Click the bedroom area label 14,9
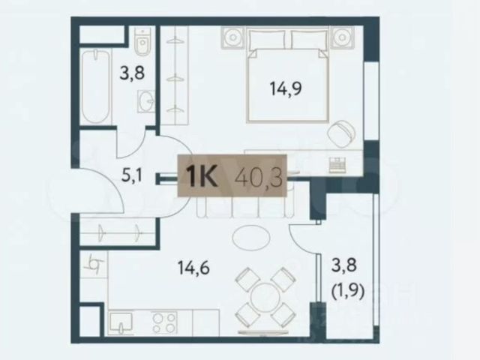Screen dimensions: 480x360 tap(285, 88)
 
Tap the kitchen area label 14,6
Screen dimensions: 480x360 tap(193, 268)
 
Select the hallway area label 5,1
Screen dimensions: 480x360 tap(132, 176)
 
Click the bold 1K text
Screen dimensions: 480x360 tap(202, 177)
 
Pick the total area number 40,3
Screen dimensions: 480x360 tap(259, 177)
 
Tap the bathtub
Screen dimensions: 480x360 tap(96, 86)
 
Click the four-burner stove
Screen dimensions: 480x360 tap(165, 322)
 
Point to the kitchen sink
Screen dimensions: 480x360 tap(121, 322)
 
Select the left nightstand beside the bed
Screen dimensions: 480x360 tap(233, 37)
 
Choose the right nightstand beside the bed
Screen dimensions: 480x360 tap(342, 37)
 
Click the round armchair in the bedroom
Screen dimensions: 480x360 tap(340, 133)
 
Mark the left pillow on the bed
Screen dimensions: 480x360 tap(267, 40)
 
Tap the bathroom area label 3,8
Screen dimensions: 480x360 tap(132, 73)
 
